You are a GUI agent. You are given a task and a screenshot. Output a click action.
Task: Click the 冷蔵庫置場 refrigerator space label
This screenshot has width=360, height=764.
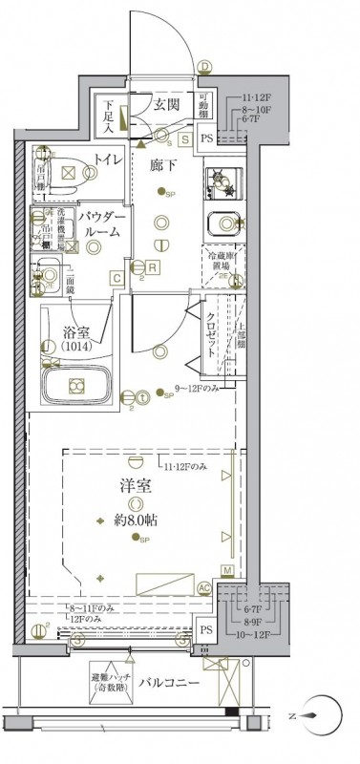218,262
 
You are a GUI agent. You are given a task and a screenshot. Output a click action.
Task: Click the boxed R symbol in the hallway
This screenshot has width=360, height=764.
153,267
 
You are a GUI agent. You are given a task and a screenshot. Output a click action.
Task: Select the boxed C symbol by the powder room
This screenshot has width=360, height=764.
116,278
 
